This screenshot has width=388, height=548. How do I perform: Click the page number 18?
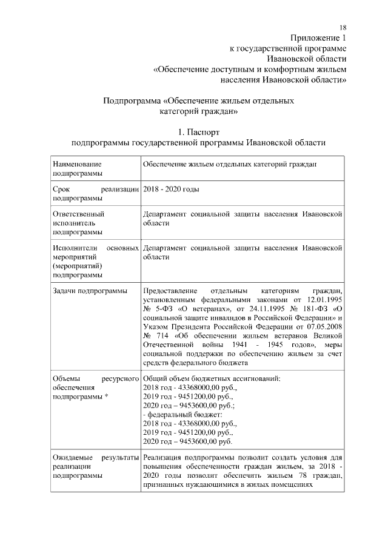click(343, 28)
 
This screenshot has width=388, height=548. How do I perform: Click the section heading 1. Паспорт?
click(198, 131)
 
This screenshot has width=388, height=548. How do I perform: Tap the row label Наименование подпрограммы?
click(77, 169)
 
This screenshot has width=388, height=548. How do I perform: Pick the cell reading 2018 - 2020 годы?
click(171, 189)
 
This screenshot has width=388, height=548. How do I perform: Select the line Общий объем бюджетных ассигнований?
click(212, 378)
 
